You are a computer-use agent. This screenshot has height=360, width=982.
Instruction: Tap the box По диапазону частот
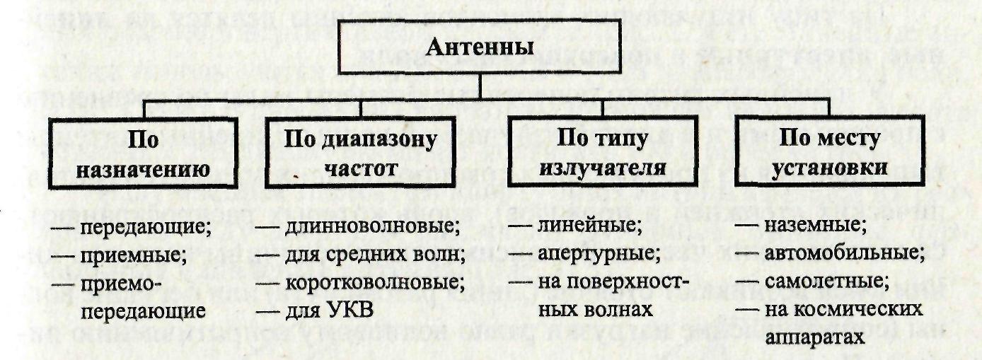click(360, 153)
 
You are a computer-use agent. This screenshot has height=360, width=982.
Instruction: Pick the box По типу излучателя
click(603, 153)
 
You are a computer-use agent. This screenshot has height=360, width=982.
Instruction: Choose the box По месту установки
click(829, 153)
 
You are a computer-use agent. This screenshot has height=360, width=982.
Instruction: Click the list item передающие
click(144, 228)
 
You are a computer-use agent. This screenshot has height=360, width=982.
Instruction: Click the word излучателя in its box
click(603, 168)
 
